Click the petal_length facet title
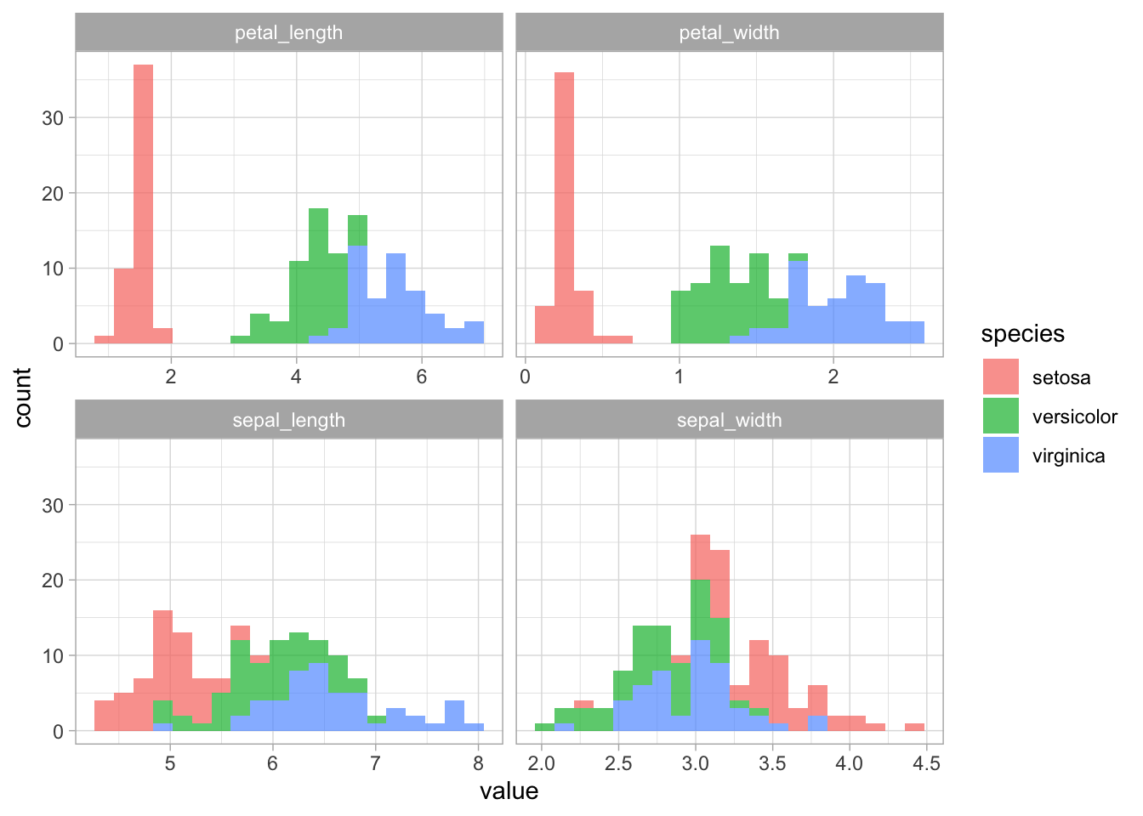point(288,33)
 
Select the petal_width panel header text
point(729,33)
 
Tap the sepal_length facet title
point(288,421)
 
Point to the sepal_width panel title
point(729,421)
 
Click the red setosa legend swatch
point(1000,377)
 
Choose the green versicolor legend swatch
point(1000,416)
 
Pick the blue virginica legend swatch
point(1000,456)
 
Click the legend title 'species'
point(1022,334)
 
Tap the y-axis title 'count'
point(23,397)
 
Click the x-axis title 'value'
point(509,791)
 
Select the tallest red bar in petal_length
point(144,204)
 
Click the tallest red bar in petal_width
point(564,208)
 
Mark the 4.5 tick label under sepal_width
point(926,763)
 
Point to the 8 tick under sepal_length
point(478,763)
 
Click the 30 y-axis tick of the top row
point(53,118)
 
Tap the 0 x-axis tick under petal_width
point(526,376)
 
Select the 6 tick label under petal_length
point(421,376)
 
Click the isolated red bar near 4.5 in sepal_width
point(914,727)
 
